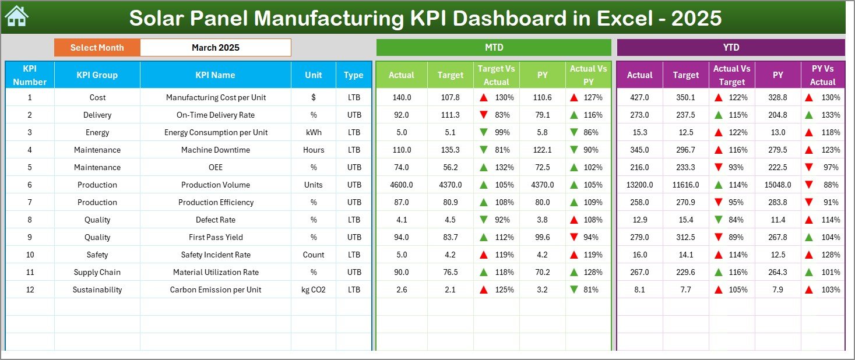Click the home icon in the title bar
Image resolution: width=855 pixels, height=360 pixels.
(x=16, y=17)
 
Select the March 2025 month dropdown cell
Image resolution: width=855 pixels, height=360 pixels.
(x=215, y=48)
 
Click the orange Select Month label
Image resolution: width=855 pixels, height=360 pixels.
(x=97, y=48)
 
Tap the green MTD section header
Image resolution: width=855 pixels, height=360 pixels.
(x=494, y=48)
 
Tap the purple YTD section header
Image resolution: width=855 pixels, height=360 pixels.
(x=730, y=48)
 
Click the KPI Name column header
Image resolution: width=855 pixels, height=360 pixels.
(x=215, y=75)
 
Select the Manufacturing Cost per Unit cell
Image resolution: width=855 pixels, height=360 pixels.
(x=215, y=97)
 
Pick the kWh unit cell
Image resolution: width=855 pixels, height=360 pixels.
(x=314, y=132)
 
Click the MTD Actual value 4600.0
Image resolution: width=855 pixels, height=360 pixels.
(x=402, y=185)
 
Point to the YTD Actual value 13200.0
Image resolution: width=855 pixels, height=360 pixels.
(x=639, y=185)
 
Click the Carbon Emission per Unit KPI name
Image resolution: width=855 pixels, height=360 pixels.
(x=215, y=290)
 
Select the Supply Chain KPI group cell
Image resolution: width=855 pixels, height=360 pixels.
(x=97, y=272)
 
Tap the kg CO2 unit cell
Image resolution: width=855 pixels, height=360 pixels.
(x=314, y=290)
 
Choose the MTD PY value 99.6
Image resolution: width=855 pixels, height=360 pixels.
(x=542, y=237)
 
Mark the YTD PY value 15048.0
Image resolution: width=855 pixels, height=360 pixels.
(x=777, y=185)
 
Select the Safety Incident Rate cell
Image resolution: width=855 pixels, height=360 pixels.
(x=215, y=255)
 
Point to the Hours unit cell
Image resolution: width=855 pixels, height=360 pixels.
(x=314, y=150)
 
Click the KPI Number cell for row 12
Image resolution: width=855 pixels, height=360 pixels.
(x=30, y=290)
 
